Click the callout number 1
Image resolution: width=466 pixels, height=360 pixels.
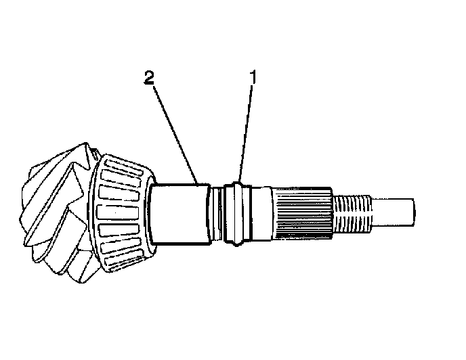click(253, 77)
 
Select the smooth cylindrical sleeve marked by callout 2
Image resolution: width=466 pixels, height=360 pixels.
click(177, 215)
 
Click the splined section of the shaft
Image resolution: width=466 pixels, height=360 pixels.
click(301, 211)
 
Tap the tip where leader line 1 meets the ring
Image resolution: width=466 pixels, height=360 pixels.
click(239, 181)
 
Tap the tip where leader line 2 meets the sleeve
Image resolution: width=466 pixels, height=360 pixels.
click(197, 183)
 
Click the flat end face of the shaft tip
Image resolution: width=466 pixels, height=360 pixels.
click(412, 211)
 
